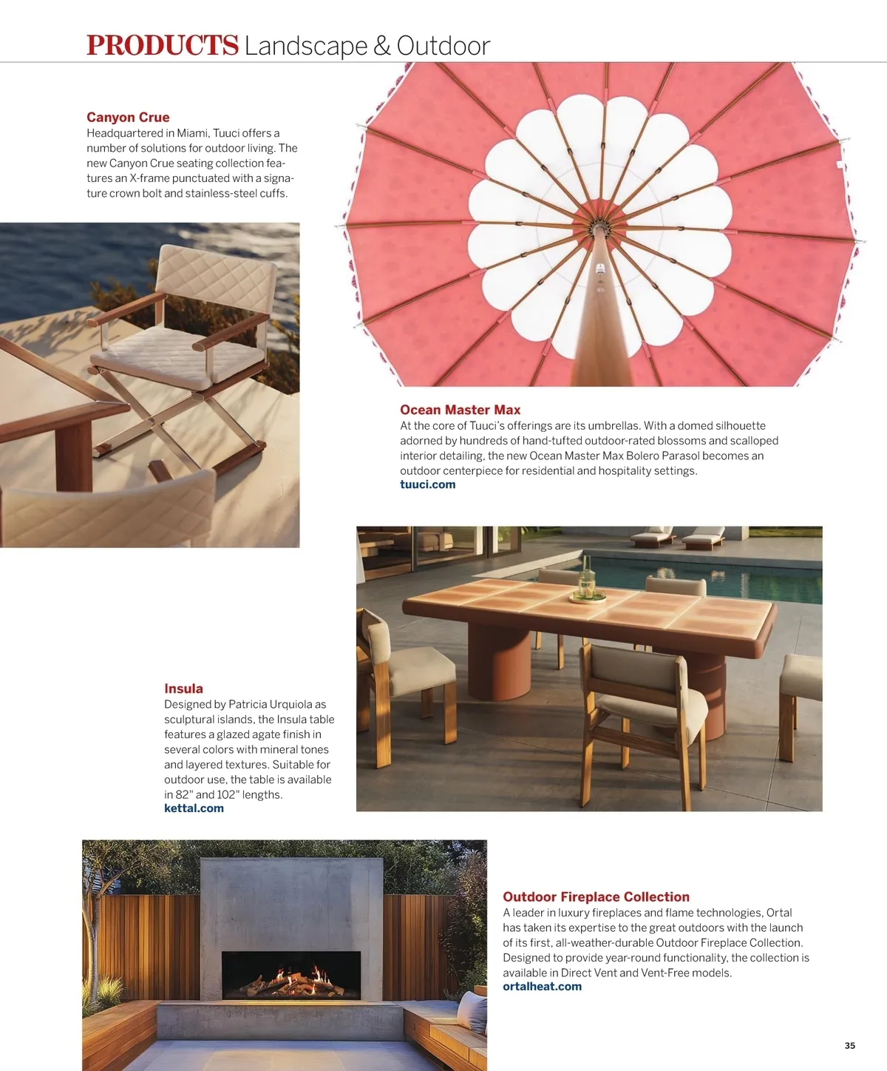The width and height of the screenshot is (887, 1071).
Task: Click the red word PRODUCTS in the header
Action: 163,46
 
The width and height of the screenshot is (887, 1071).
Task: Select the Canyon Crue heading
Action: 128,118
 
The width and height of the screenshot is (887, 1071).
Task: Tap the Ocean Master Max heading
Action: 460,410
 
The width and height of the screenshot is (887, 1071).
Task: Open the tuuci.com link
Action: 427,484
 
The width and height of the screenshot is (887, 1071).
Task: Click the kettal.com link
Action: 194,808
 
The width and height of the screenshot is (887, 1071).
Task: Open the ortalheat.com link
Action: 542,987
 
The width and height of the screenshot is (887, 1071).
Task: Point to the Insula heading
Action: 183,689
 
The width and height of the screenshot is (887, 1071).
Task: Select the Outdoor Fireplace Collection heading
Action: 596,897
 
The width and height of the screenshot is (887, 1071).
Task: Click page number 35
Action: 849,1045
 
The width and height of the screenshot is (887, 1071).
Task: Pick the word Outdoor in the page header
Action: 443,46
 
